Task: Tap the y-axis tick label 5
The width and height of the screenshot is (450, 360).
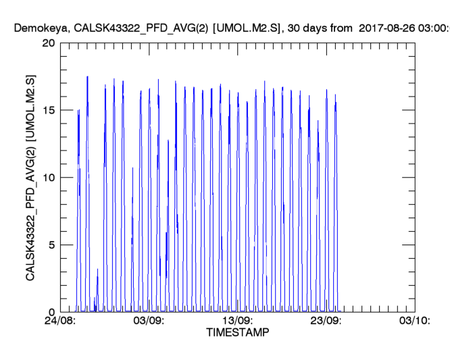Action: point(51,245)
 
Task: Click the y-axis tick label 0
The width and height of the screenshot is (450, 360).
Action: point(51,312)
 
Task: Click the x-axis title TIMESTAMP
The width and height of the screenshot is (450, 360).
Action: point(237,333)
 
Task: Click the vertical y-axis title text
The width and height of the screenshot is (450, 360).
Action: point(31,177)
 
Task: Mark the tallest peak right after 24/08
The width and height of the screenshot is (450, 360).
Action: point(87,77)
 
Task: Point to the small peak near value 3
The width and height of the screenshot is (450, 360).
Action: point(97,269)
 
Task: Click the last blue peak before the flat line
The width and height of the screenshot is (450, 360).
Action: point(335,95)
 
